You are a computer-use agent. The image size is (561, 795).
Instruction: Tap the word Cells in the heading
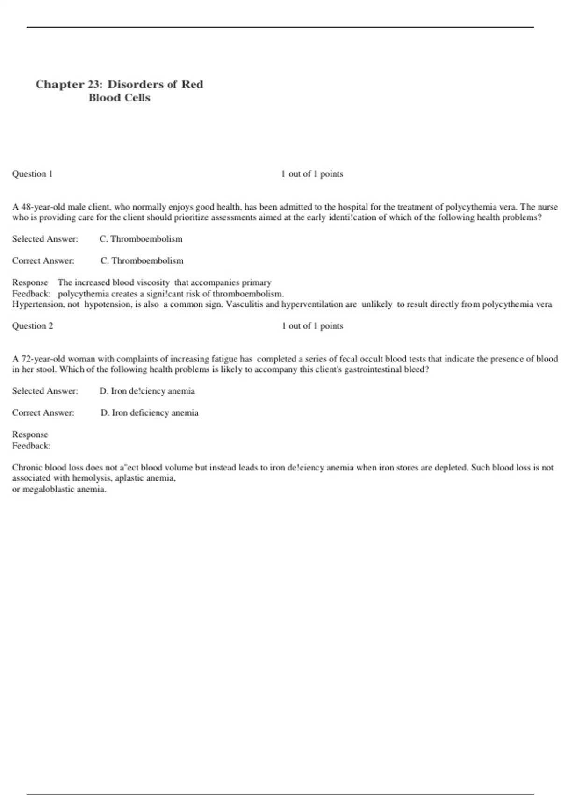pyautogui.click(x=139, y=98)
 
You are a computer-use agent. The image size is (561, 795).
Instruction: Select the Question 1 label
pyautogui.click(x=32, y=174)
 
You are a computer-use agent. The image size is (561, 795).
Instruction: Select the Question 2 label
pyautogui.click(x=32, y=326)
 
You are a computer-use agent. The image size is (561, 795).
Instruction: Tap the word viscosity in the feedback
pyautogui.click(x=153, y=282)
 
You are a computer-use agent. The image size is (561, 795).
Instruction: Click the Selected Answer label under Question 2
pyautogui.click(x=45, y=391)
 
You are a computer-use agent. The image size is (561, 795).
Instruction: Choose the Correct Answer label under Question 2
pyautogui.click(x=43, y=413)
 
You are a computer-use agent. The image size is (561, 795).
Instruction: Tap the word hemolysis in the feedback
pyautogui.click(x=91, y=478)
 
